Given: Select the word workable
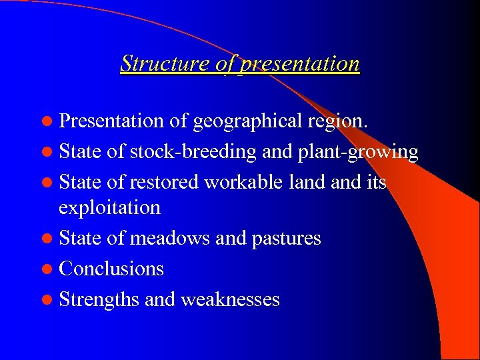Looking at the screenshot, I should (x=241, y=182).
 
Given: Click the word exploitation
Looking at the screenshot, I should (x=109, y=207).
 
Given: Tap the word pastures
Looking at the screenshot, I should (x=287, y=238).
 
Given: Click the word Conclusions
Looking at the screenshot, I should (x=111, y=269).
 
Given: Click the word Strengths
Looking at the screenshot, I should (x=99, y=299).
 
